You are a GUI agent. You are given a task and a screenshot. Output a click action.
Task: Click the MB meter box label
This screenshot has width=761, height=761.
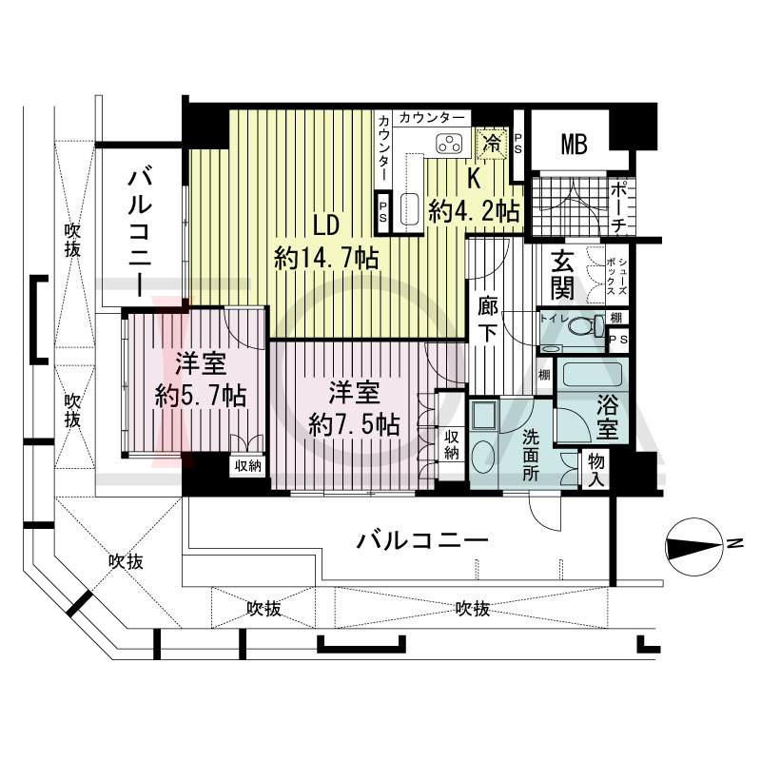click(x=575, y=145)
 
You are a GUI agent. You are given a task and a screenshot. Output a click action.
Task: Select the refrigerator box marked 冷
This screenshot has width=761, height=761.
click(x=492, y=143)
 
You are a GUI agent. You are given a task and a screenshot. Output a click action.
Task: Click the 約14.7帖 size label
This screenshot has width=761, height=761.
click(x=326, y=258)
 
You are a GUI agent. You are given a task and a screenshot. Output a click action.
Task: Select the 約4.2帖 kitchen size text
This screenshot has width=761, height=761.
click(x=474, y=211)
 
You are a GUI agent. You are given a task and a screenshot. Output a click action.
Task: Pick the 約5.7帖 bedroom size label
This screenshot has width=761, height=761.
click(x=201, y=397)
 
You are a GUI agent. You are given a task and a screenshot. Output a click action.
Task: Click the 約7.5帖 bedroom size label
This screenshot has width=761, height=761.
click(x=354, y=425)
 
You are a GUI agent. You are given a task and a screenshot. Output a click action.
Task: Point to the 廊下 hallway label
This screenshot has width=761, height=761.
click(x=487, y=320)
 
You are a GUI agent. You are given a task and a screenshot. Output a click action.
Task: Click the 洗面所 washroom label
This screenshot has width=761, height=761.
click(x=531, y=456)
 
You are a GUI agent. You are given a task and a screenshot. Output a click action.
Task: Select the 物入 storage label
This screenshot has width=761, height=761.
click(x=596, y=470)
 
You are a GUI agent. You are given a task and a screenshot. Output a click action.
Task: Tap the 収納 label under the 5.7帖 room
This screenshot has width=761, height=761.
click(x=248, y=465)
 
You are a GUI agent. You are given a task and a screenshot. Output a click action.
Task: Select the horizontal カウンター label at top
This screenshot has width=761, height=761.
click(x=431, y=117)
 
